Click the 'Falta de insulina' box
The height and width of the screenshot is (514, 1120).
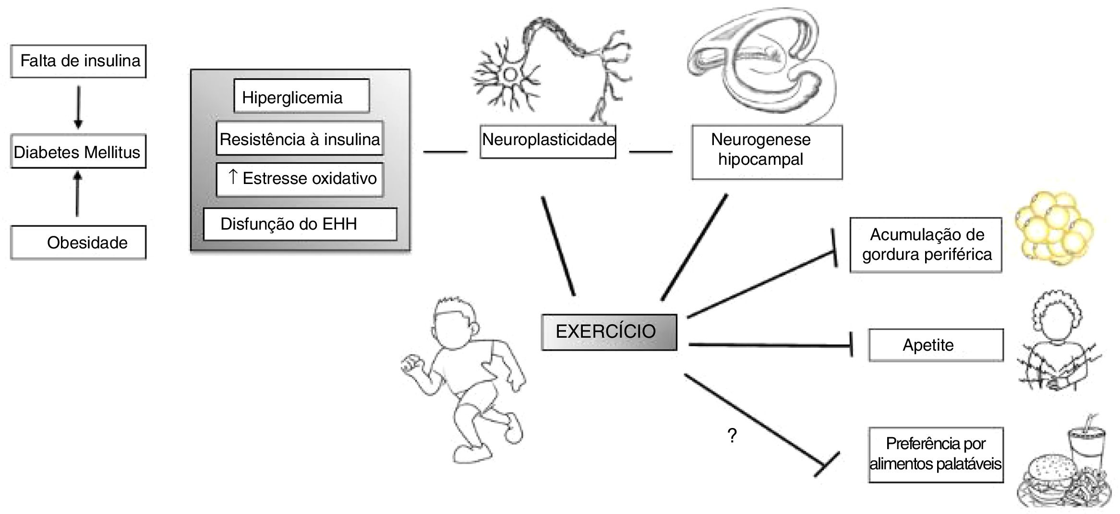[78, 61]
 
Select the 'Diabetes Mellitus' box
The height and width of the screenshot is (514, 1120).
[78, 152]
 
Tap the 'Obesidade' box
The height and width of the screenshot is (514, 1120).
[78, 243]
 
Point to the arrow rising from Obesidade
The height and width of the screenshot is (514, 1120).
[77, 195]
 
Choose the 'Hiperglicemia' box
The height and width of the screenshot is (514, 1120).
[301, 96]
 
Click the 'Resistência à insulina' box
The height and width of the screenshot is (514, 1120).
[300, 139]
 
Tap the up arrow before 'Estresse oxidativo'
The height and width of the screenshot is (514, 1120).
[232, 177]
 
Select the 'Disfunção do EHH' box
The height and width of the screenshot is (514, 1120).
[300, 224]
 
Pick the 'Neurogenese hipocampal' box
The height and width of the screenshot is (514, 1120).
[767, 152]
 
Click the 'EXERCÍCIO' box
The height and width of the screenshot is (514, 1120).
[609, 332]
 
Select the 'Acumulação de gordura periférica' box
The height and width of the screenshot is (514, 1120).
[926, 245]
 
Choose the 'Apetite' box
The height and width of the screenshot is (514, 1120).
[936, 345]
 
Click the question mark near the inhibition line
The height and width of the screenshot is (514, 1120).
[732, 436]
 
